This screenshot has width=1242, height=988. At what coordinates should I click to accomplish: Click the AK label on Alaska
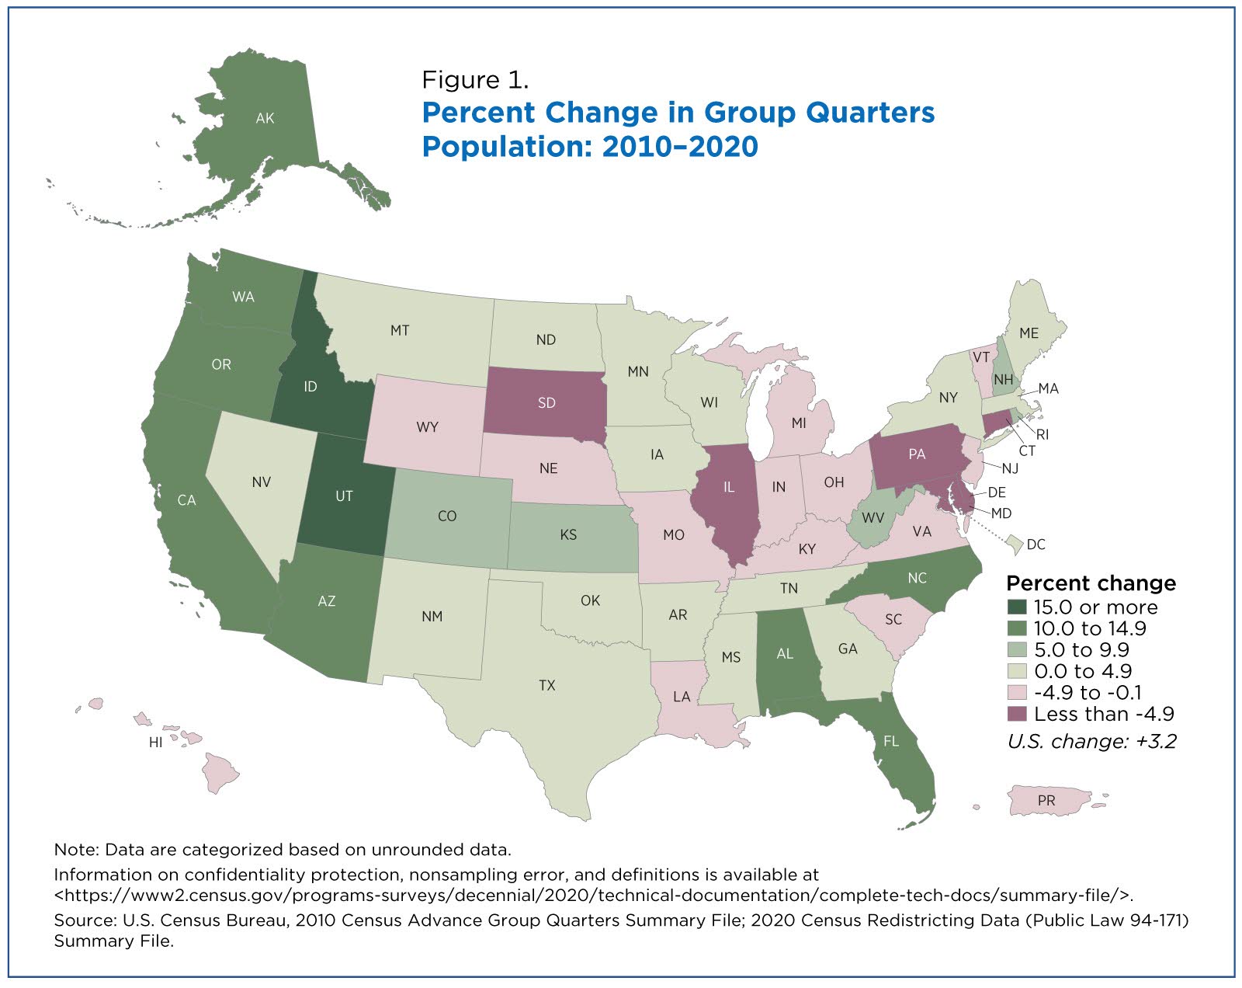[265, 118]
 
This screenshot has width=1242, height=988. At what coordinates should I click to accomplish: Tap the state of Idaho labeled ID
[310, 386]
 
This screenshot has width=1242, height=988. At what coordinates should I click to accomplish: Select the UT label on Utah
[344, 496]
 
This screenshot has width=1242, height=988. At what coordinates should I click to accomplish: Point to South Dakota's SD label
[546, 402]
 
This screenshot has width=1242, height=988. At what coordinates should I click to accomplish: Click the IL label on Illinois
[729, 487]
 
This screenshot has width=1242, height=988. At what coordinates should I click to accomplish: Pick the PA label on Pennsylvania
[917, 454]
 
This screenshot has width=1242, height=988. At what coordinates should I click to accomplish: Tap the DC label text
[1036, 544]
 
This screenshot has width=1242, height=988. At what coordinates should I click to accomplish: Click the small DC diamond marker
[1014, 544]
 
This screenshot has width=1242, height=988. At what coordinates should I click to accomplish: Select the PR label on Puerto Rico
[1046, 800]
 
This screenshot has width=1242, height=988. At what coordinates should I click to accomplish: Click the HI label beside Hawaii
[155, 742]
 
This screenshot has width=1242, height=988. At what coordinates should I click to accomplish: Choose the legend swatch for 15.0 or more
[1017, 607]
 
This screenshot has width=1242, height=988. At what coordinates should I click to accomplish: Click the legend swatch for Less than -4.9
[1017, 714]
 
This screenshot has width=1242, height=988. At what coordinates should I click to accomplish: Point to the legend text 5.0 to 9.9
[1081, 649]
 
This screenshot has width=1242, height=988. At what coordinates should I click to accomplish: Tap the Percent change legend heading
[1091, 583]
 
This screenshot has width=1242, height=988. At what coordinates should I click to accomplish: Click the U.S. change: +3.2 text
[1091, 741]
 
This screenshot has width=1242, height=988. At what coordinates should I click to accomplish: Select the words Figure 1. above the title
[475, 80]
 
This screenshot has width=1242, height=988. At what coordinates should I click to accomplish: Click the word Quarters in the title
[869, 112]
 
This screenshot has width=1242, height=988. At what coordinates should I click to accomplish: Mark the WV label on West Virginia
[873, 517]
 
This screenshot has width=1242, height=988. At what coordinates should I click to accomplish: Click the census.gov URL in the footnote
[593, 895]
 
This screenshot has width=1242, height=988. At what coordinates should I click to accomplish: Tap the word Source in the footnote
[82, 920]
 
